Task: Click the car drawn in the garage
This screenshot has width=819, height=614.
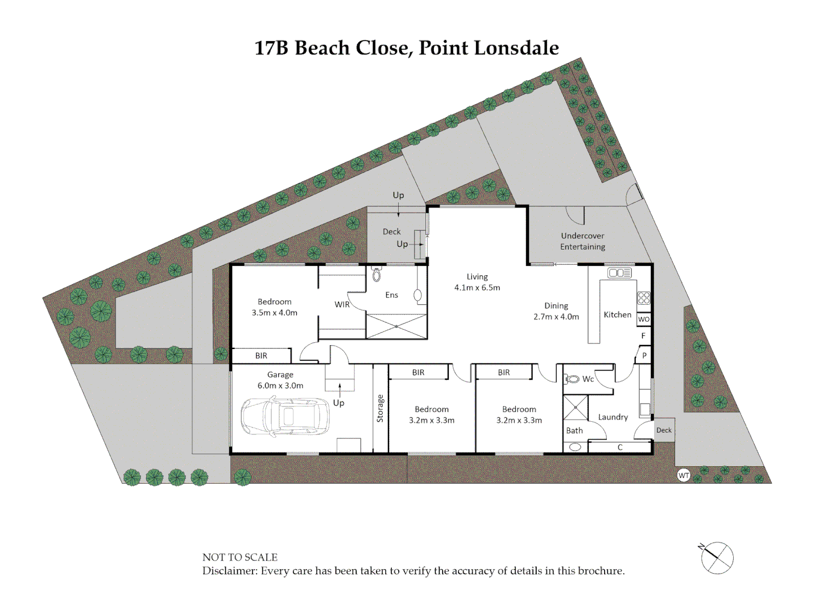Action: tap(285, 417)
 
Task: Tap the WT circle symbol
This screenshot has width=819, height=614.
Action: tap(684, 475)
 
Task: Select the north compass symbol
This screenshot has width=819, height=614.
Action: tap(717, 558)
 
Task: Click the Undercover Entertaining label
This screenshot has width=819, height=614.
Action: tap(582, 241)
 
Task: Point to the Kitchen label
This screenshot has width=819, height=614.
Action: tap(617, 314)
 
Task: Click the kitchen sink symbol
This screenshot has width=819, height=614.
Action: tap(619, 273)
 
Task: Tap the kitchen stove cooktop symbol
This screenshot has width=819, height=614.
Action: tap(643, 298)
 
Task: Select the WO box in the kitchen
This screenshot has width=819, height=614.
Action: tap(643, 320)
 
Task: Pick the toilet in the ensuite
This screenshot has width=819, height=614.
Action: tap(376, 275)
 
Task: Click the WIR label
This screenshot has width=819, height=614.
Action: tap(342, 305)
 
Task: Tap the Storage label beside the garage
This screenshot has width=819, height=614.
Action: tap(380, 408)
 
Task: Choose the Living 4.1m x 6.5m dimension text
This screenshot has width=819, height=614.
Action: tap(477, 288)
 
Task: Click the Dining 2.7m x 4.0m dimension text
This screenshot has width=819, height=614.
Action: tap(556, 317)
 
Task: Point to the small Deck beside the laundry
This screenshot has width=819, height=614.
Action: tap(664, 430)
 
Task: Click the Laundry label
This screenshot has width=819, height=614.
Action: tap(613, 417)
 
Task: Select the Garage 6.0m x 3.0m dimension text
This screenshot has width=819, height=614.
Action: tap(280, 385)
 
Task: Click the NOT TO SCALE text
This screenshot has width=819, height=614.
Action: tap(240, 557)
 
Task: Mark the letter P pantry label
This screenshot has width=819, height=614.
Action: tap(644, 356)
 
